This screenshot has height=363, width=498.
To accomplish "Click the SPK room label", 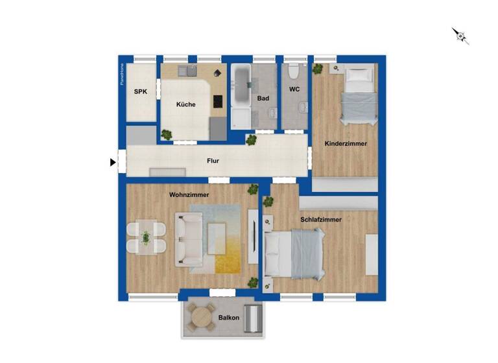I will (141, 92).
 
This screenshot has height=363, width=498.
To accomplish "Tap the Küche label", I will (185, 104).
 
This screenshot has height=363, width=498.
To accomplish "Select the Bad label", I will (263, 99).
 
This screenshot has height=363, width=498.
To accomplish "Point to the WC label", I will (294, 89).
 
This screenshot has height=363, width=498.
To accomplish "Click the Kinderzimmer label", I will (346, 144).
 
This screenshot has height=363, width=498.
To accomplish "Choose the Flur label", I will (212, 160).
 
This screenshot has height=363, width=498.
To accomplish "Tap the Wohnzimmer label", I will (189, 194).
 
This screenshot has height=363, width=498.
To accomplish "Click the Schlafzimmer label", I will (321, 220).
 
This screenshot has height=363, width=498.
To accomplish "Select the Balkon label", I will (229, 318).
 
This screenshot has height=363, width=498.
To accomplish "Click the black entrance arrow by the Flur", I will (113, 163).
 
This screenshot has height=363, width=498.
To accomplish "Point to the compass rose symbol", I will (460, 36).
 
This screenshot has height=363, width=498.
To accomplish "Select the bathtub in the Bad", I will (241, 86).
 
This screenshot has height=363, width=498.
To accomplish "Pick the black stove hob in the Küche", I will (217, 102).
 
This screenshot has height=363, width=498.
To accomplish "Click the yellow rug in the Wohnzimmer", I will (228, 250).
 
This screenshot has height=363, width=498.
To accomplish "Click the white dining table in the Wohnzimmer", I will (146, 238).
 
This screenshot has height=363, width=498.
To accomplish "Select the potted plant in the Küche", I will (167, 135).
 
